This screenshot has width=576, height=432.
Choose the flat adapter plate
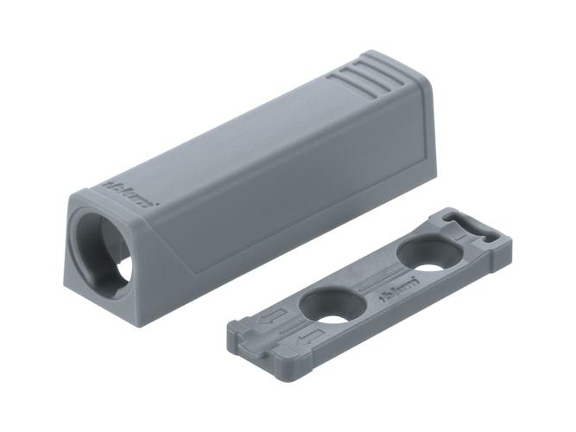[x=371, y=285]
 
